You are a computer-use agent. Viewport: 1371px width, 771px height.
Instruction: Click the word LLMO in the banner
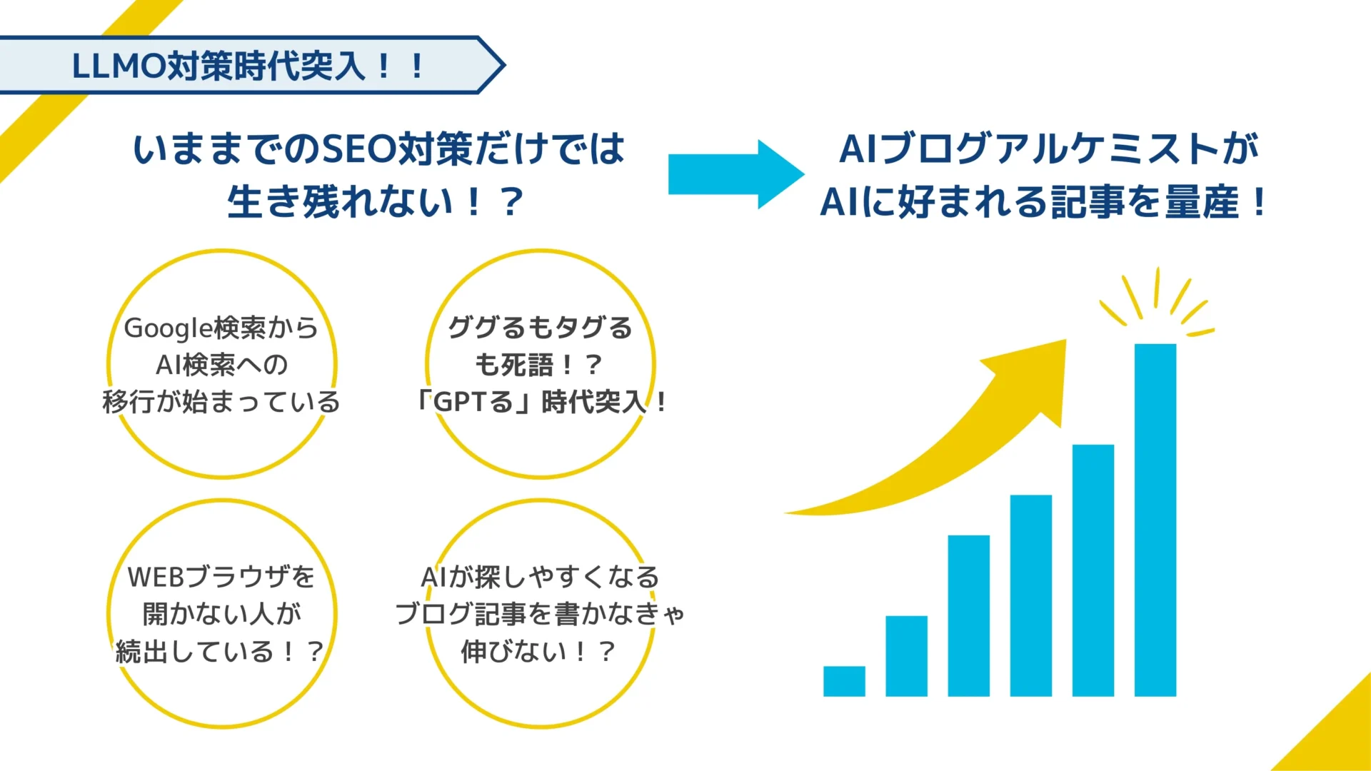coord(119,66)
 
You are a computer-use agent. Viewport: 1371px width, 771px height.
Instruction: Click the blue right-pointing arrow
coord(735,174)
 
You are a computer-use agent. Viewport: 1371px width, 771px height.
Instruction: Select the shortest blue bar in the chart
coord(844,681)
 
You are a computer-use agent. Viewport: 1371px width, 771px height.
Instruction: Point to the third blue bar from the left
coord(968,615)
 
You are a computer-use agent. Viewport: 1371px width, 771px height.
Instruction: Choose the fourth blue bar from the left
coord(1030,595)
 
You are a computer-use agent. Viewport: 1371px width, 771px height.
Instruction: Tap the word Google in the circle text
coord(168,328)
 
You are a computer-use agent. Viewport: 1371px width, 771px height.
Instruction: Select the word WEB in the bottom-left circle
coord(154,577)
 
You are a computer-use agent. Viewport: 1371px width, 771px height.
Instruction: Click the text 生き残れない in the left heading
coord(340,202)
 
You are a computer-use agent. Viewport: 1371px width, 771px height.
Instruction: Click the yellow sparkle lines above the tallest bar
coord(1157,300)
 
